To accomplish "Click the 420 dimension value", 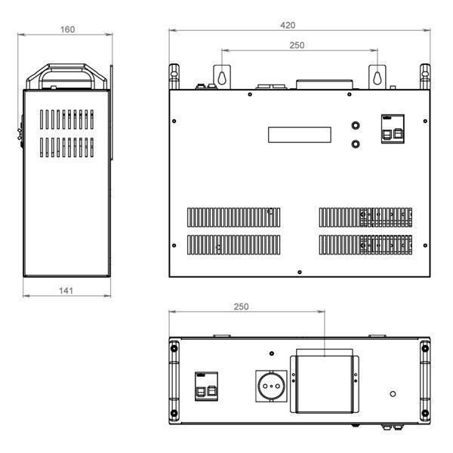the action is pyautogui.click(x=288, y=25).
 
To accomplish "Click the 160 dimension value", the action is pyautogui.click(x=67, y=29).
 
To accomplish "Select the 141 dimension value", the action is pyautogui.click(x=66, y=291).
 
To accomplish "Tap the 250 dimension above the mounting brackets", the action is pyautogui.click(x=297, y=45).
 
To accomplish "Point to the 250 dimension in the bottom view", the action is pyautogui.click(x=241, y=307).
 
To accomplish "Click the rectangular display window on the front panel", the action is pyautogui.click(x=300, y=134).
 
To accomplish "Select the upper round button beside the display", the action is pyautogui.click(x=356, y=125).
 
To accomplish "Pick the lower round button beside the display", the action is pyautogui.click(x=356, y=143).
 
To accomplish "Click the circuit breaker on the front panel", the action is pyautogui.click(x=393, y=129).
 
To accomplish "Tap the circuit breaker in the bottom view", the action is pyautogui.click(x=206, y=387).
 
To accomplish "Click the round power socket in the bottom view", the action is pyautogui.click(x=271, y=386).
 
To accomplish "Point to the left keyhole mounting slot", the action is pyautogui.click(x=221, y=78).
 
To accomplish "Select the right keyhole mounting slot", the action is pyautogui.click(x=377, y=78).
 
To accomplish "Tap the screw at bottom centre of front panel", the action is pyautogui.click(x=300, y=272).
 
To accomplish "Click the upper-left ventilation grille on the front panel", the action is pyautogui.click(x=234, y=217).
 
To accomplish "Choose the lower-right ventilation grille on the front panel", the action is pyautogui.click(x=365, y=245).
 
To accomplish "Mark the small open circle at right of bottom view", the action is pyautogui.click(x=393, y=394).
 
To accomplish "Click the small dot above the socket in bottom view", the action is pyautogui.click(x=272, y=353).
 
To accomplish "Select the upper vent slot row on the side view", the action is pyautogui.click(x=66, y=119).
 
